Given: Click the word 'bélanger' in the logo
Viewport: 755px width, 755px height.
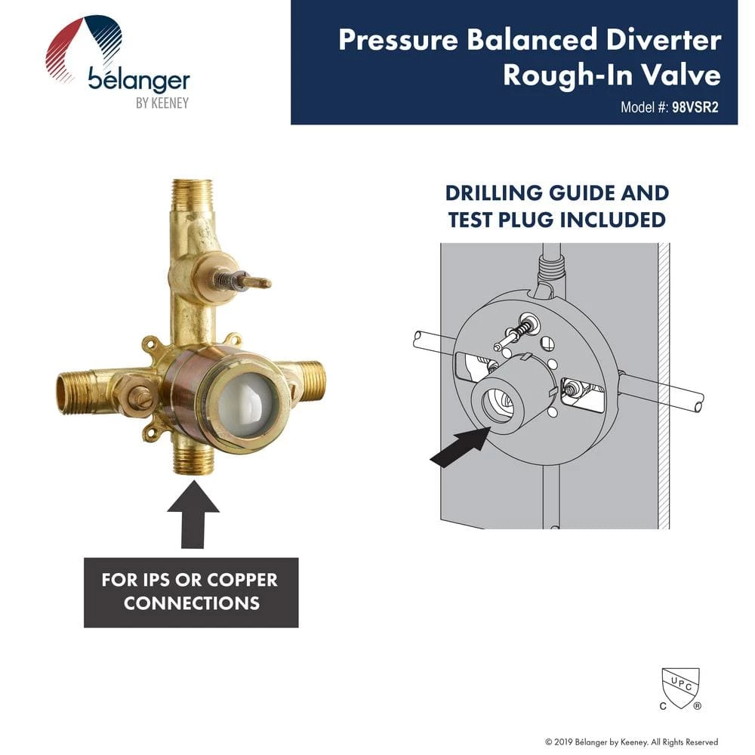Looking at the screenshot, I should [x=138, y=79].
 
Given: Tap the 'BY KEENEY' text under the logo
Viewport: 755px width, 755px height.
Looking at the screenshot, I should [x=162, y=103].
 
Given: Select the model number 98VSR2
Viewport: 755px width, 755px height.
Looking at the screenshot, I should [x=693, y=107].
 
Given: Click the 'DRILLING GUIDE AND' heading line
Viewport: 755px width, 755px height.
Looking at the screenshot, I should [x=556, y=193].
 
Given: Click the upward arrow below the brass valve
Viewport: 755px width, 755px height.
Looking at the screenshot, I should [x=193, y=519].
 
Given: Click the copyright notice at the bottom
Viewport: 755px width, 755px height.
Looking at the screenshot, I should [x=631, y=742].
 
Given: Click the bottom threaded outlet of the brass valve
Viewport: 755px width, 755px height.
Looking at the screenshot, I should [x=193, y=458].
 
